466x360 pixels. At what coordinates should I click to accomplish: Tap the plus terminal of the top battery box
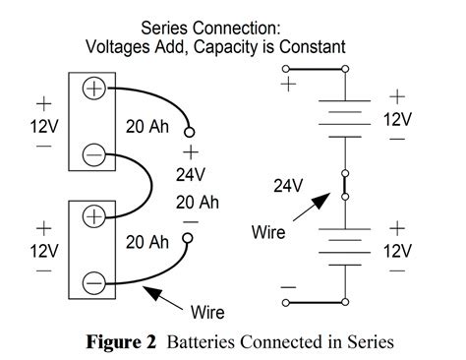[x=93, y=89]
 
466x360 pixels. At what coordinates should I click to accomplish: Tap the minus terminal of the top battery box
[x=93, y=153]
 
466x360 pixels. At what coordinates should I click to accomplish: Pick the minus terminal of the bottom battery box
[x=93, y=280]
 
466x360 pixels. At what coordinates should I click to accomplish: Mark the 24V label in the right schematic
[x=285, y=185]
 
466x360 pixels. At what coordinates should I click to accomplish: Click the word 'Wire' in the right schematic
[x=267, y=234]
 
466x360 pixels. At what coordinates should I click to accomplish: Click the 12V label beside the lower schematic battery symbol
[x=396, y=250]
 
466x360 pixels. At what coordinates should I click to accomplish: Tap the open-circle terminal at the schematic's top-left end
[x=286, y=69]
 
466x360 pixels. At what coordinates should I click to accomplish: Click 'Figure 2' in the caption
[x=125, y=342]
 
